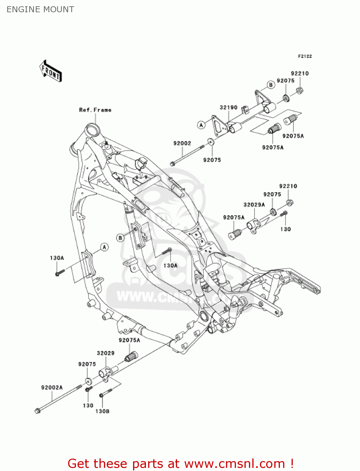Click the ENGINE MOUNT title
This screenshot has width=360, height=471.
[40, 9]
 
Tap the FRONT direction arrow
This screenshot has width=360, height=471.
[51, 71]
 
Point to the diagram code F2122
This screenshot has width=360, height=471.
[305, 56]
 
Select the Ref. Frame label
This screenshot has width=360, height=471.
[95, 110]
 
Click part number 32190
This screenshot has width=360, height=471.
[228, 107]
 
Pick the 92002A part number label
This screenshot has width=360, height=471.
[52, 387]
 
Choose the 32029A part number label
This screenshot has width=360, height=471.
[254, 205]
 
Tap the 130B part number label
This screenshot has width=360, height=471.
[102, 411]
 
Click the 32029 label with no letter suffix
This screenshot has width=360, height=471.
[105, 353]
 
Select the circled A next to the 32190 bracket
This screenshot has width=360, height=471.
[201, 125]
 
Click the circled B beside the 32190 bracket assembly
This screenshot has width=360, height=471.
[271, 85]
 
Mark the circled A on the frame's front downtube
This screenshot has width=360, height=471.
[105, 247]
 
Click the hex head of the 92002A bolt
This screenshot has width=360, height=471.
[37, 410]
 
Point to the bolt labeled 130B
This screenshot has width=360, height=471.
[106, 393]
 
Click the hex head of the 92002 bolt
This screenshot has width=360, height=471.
[172, 164]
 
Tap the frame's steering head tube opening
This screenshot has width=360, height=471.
[93, 130]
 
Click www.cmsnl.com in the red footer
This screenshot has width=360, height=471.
[234, 463]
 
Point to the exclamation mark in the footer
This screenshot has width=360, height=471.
[292, 463]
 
